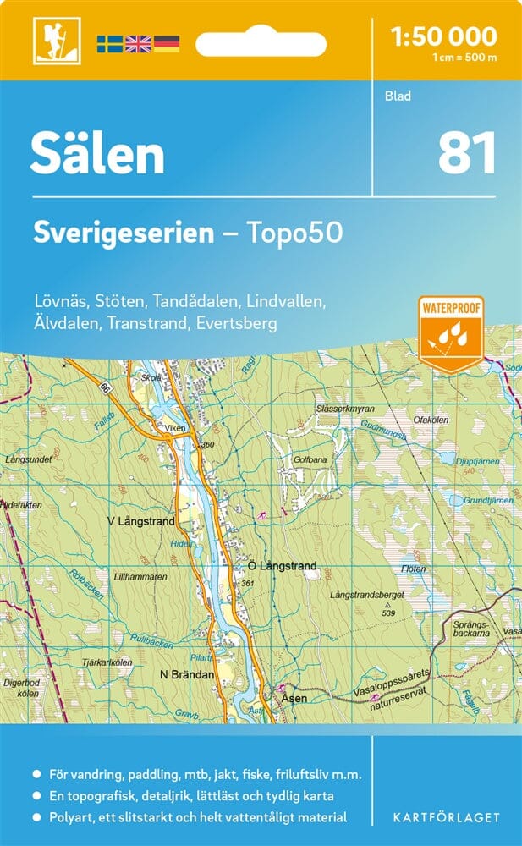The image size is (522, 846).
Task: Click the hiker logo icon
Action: pyautogui.click(x=50, y=39)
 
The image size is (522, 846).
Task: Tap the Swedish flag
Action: pyautogui.click(x=110, y=42)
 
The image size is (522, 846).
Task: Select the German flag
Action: pyautogui.click(x=166, y=42)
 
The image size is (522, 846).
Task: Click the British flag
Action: pyautogui.click(x=138, y=42)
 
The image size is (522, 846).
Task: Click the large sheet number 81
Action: pyautogui.click(x=466, y=154)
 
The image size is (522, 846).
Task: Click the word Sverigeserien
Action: pyautogui.click(x=124, y=233)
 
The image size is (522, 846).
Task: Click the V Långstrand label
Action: pyautogui.click(x=140, y=521)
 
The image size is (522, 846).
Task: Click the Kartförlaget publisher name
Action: pyautogui.click(x=446, y=818)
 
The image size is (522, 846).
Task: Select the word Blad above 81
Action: pyautogui.click(x=397, y=96)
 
